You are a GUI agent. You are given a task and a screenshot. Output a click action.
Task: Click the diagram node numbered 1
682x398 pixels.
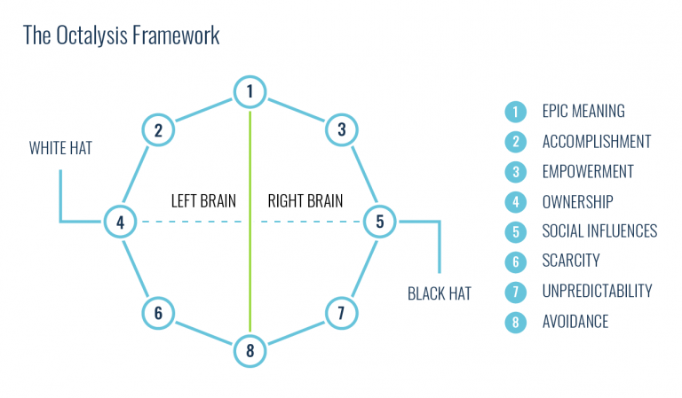click(250, 90)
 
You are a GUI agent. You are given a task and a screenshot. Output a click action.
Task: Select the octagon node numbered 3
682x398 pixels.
click(341, 130)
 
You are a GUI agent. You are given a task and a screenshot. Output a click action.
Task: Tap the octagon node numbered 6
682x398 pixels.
click(157, 312)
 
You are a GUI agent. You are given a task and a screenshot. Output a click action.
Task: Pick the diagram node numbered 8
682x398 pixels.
click(250, 350)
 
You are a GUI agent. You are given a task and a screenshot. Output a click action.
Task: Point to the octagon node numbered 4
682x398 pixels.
click(120, 222)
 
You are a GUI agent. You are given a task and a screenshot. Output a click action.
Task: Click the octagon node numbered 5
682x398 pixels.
click(380, 222)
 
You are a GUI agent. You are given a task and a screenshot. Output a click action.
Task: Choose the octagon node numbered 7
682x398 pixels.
click(341, 312)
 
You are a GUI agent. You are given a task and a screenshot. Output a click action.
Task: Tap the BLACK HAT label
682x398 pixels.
click(439, 293)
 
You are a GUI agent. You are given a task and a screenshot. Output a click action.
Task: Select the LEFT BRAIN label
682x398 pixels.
click(203, 200)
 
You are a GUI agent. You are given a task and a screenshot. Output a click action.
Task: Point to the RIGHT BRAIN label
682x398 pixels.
click(305, 200)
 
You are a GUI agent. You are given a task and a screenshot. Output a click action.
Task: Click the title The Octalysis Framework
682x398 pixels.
click(122, 36)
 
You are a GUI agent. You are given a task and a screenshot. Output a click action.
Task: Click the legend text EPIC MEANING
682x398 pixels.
click(583, 112)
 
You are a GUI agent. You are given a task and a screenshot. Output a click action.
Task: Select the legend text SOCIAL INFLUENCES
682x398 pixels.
click(599, 231)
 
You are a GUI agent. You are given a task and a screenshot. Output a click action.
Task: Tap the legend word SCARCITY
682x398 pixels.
click(571, 261)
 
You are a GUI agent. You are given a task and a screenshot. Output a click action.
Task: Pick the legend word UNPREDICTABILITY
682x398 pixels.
click(597, 292)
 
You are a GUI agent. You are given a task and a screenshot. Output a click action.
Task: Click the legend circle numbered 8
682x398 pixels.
click(514, 322)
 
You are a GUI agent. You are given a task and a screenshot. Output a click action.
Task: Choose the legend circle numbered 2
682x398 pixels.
click(514, 142)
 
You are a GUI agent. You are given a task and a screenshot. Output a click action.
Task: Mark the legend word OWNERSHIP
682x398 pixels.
click(577, 201)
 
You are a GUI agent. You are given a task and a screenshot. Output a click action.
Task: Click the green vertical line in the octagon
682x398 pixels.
click(250, 266)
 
